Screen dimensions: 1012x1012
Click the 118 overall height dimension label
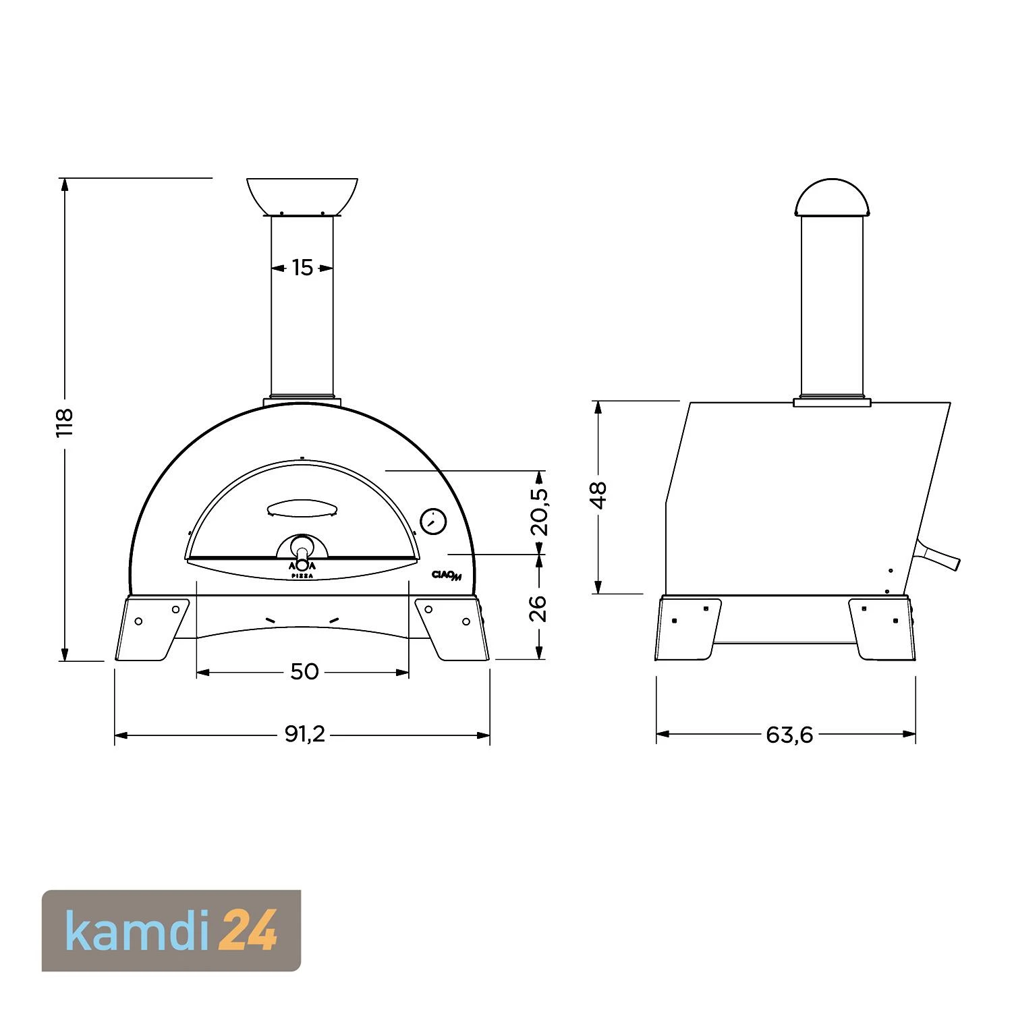pyautogui.click(x=64, y=423)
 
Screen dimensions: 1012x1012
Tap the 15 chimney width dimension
pyautogui.click(x=302, y=268)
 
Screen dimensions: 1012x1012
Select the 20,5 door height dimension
pyautogui.click(x=539, y=512)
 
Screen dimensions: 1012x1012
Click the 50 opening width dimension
pyautogui.click(x=304, y=671)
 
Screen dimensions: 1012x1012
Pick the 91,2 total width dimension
pyautogui.click(x=305, y=734)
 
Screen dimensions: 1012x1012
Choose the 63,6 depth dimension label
pyautogui.click(x=789, y=734)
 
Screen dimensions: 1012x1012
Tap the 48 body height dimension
pyautogui.click(x=598, y=495)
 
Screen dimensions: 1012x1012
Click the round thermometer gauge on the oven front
pyautogui.click(x=433, y=522)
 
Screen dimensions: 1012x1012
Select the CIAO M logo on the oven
pyautogui.click(x=447, y=575)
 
